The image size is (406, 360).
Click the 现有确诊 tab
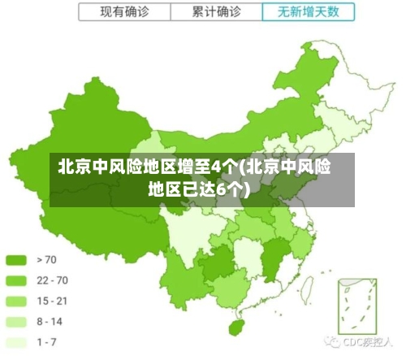[123, 12]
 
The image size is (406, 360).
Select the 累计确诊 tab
[217, 12]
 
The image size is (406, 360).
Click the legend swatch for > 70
[16, 260]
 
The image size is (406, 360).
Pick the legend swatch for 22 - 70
[16, 280]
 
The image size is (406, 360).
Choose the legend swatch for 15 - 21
[16, 301]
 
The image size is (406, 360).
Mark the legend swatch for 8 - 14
[16, 321]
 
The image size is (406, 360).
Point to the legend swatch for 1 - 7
[16, 341]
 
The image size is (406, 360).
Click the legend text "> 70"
[46, 260]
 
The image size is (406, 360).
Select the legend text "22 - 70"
[52, 280]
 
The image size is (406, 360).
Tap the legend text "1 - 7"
[46, 341]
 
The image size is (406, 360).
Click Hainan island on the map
[238, 327]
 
